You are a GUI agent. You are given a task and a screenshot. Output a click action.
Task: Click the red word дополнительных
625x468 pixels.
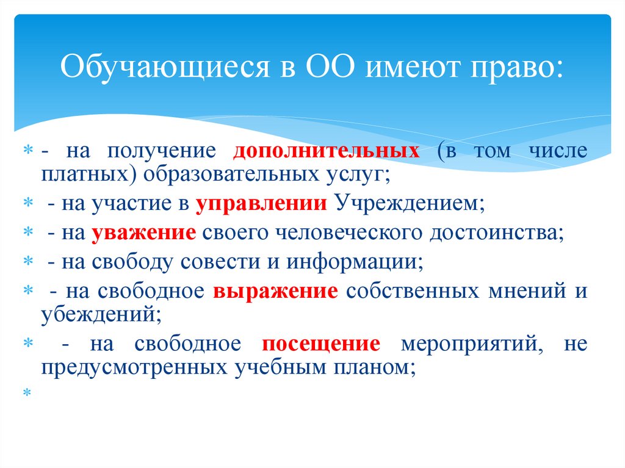pos(327,151)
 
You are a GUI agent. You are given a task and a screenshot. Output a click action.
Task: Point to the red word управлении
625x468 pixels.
pos(261,204)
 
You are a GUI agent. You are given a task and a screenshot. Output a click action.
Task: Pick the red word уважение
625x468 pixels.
pos(143,233)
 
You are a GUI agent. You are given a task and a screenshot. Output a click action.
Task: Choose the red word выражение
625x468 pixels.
pos(275,292)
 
